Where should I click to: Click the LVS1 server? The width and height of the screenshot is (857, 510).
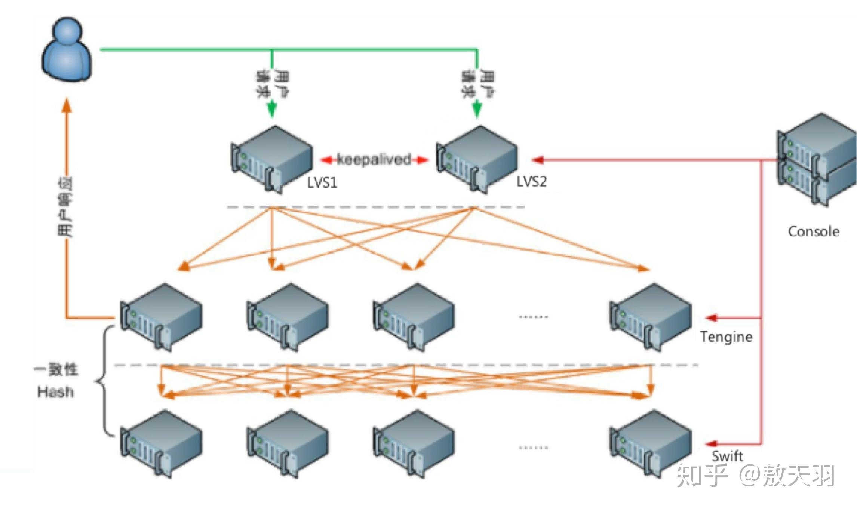[x=272, y=159]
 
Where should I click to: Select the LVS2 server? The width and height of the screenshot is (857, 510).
[x=477, y=159]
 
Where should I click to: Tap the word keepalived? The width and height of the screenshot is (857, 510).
[x=374, y=160]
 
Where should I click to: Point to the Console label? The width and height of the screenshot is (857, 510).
[x=813, y=231]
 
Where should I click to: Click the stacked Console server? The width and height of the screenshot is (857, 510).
[x=817, y=160]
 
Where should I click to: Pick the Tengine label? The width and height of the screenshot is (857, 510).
[x=726, y=337]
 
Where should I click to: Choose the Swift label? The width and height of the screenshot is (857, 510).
[x=727, y=456]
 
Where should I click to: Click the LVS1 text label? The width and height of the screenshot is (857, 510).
[x=322, y=182]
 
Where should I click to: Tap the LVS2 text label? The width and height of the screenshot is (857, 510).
[x=531, y=182]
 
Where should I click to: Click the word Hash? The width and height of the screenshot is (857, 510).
[x=55, y=392]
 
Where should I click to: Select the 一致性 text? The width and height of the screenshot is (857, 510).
[x=56, y=370]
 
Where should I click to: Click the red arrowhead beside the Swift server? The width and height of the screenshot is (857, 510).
[x=711, y=444]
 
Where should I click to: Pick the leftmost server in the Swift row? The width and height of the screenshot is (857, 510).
[x=162, y=444]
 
